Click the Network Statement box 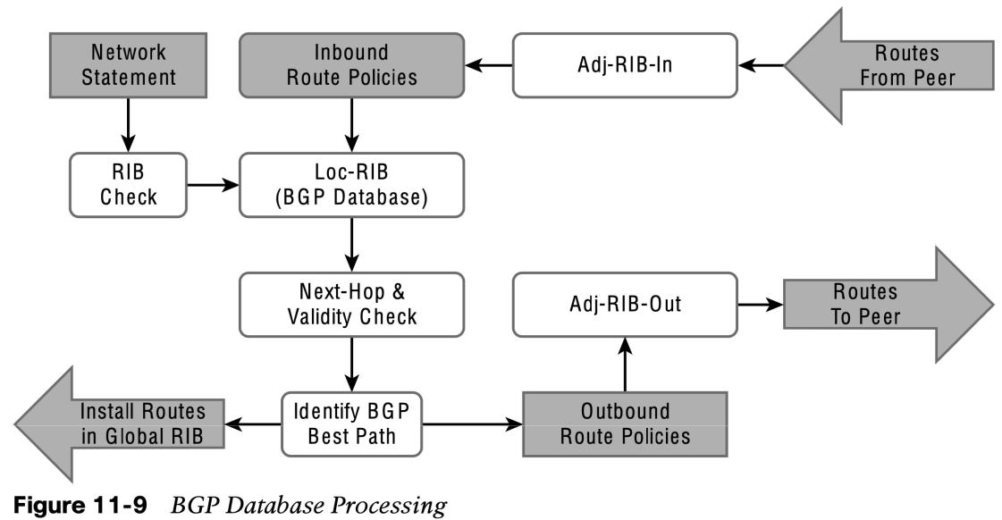[128, 65]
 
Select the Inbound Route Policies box [351, 65]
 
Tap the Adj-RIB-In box [625, 65]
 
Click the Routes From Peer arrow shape [888, 65]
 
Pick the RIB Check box [128, 185]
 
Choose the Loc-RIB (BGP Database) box [351, 185]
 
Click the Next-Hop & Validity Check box [351, 305]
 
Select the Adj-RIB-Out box [625, 305]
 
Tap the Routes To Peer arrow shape [888, 305]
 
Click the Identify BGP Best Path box [351, 424]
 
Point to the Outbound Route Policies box [625, 424]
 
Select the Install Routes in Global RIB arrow [120, 424]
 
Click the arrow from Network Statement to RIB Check [128, 125]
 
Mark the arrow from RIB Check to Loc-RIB [213, 185]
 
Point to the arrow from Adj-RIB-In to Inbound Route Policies [489, 65]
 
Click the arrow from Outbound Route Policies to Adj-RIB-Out [626, 365]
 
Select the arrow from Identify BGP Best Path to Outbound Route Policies [472, 424]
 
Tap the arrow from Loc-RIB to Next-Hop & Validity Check [351, 245]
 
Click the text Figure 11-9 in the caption [80, 506]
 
